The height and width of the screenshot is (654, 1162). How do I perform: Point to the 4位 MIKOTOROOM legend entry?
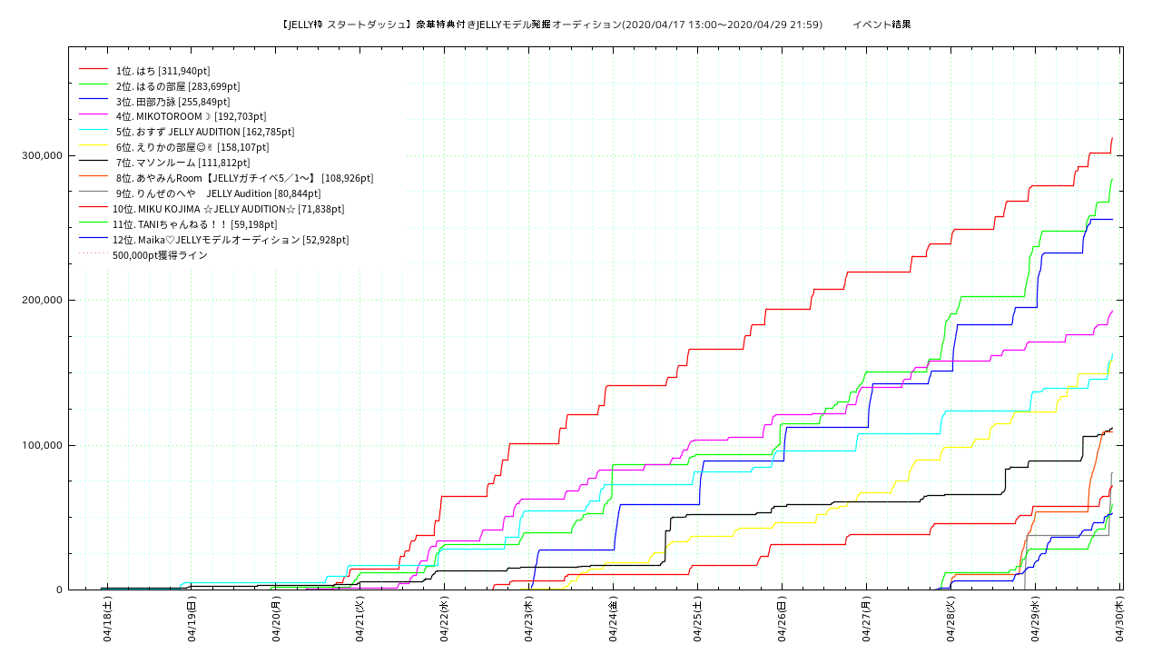click(173, 116)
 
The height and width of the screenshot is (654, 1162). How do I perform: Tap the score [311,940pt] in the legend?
click(184, 70)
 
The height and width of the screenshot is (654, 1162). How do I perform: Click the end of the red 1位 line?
click(1112, 138)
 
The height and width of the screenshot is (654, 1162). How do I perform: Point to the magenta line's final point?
click(1112, 311)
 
